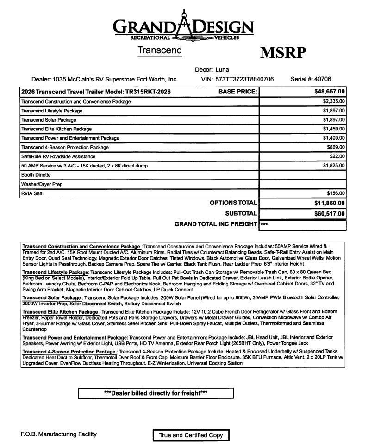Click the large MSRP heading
283,53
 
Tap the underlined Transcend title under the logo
160,50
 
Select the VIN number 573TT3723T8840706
244,79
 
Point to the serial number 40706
322,79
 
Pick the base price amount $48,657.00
330,92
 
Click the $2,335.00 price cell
334,101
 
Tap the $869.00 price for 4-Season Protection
336,147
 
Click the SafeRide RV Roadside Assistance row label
58,156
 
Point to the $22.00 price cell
337,156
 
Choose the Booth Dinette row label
36,175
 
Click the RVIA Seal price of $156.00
336,193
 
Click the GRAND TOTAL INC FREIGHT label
216,224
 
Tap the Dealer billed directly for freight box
156,393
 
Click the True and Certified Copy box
191,435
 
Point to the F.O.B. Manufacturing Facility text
59,434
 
